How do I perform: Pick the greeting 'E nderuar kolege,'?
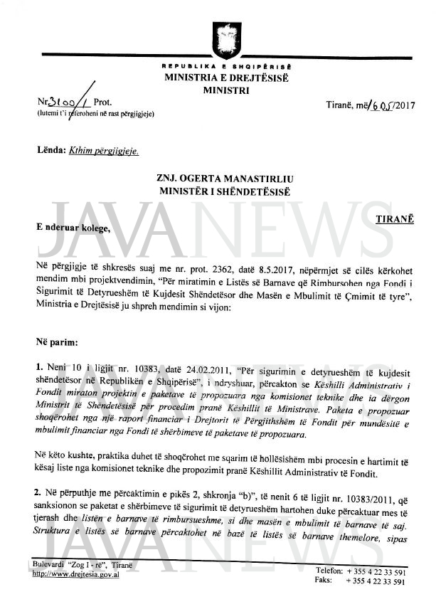coord(75,228)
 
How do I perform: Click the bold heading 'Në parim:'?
coord(57,342)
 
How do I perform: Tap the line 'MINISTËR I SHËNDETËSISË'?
coord(217,190)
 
